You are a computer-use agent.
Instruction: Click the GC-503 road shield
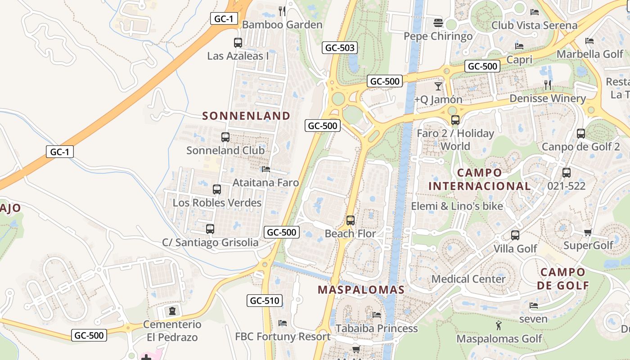coord(340,48)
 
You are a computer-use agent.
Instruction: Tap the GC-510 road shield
coord(265,301)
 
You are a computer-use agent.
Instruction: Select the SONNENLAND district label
coord(246,116)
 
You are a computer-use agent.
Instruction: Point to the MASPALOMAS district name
coord(361,290)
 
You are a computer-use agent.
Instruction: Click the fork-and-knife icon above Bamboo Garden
coord(282,11)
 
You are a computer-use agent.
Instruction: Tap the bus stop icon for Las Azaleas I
coord(238,43)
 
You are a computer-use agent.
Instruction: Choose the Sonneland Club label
coord(225,150)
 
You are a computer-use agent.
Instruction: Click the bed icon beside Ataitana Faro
coord(266,169)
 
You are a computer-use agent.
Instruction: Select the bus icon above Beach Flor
coord(350,220)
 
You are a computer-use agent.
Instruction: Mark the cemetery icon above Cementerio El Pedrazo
coord(172,310)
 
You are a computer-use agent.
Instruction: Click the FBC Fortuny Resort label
coord(283,337)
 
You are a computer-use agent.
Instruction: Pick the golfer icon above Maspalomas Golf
coord(499,325)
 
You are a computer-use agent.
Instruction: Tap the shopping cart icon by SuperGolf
coord(588,232)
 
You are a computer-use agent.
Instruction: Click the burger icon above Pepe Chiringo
coord(438,22)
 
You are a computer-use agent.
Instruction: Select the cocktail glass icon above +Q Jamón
coord(438,86)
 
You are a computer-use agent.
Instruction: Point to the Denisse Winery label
coord(547,99)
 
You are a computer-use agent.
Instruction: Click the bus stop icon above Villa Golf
coord(515,235)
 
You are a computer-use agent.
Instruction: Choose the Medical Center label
coord(468,279)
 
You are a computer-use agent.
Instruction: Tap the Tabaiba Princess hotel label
coord(377,328)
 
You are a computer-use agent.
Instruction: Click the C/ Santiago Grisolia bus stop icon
coord(210,229)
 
